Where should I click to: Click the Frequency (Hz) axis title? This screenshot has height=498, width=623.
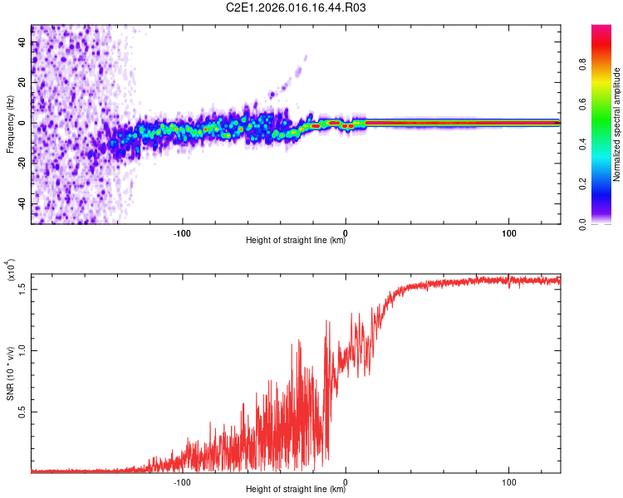pos(10,124)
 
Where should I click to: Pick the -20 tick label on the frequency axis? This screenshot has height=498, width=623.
pos(21,164)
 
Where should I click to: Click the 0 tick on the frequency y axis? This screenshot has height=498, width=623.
pos(21,123)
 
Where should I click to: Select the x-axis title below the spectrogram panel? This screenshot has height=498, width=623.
pos(296,241)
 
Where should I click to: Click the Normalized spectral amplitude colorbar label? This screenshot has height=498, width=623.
pos(617,124)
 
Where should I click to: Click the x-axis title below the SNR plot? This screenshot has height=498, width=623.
pos(296,490)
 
